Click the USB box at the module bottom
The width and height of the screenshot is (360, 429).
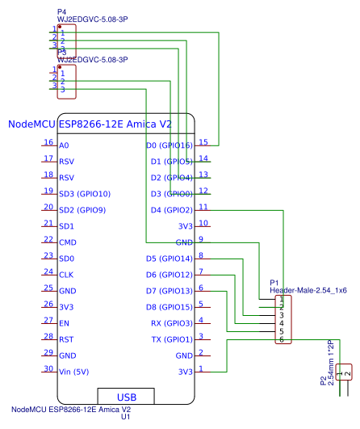pos(126,397)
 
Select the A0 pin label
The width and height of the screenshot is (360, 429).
pos(64,145)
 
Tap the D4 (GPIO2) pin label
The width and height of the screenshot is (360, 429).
pos(171,210)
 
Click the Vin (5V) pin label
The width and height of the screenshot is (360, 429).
pos(74,372)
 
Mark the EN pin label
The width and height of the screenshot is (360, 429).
pos(65,323)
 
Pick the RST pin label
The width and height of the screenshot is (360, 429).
pos(66,339)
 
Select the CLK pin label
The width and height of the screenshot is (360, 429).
pos(66,275)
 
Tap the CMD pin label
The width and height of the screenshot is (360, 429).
pos(68,242)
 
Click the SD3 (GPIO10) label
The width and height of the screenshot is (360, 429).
pos(85,194)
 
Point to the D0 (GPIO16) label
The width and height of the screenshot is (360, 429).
pos(169,145)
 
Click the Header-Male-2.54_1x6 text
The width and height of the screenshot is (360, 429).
pos(308,290)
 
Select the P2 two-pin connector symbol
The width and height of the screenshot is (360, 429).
pos(346,372)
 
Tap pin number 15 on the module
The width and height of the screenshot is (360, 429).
pos(203,142)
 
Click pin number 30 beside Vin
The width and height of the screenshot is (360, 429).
pos(48,368)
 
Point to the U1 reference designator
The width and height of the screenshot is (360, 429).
pos(126,418)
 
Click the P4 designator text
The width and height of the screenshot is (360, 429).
pos(62,13)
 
